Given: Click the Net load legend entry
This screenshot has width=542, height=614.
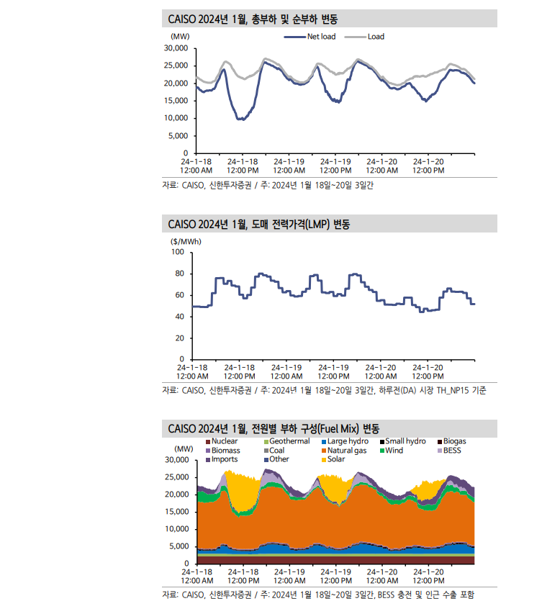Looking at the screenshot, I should click(x=316, y=36).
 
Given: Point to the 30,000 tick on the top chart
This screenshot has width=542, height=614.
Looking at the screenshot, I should click(x=176, y=48).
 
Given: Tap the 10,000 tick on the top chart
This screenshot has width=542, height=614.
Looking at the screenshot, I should click(x=176, y=118).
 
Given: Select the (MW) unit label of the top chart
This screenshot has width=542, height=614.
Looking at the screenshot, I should click(x=180, y=36).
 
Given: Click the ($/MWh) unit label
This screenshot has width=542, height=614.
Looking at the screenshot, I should click(x=186, y=241).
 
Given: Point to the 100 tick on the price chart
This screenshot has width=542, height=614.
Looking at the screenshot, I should click(x=178, y=253).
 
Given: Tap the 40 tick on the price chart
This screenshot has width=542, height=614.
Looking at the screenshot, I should click(x=180, y=317).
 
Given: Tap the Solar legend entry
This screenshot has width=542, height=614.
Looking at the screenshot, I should click(x=335, y=459).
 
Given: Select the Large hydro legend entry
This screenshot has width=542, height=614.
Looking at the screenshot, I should click(x=348, y=441).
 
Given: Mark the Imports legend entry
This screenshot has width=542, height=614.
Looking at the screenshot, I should click(x=225, y=459).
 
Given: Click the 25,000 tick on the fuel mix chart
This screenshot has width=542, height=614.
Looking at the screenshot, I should click(x=176, y=477).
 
